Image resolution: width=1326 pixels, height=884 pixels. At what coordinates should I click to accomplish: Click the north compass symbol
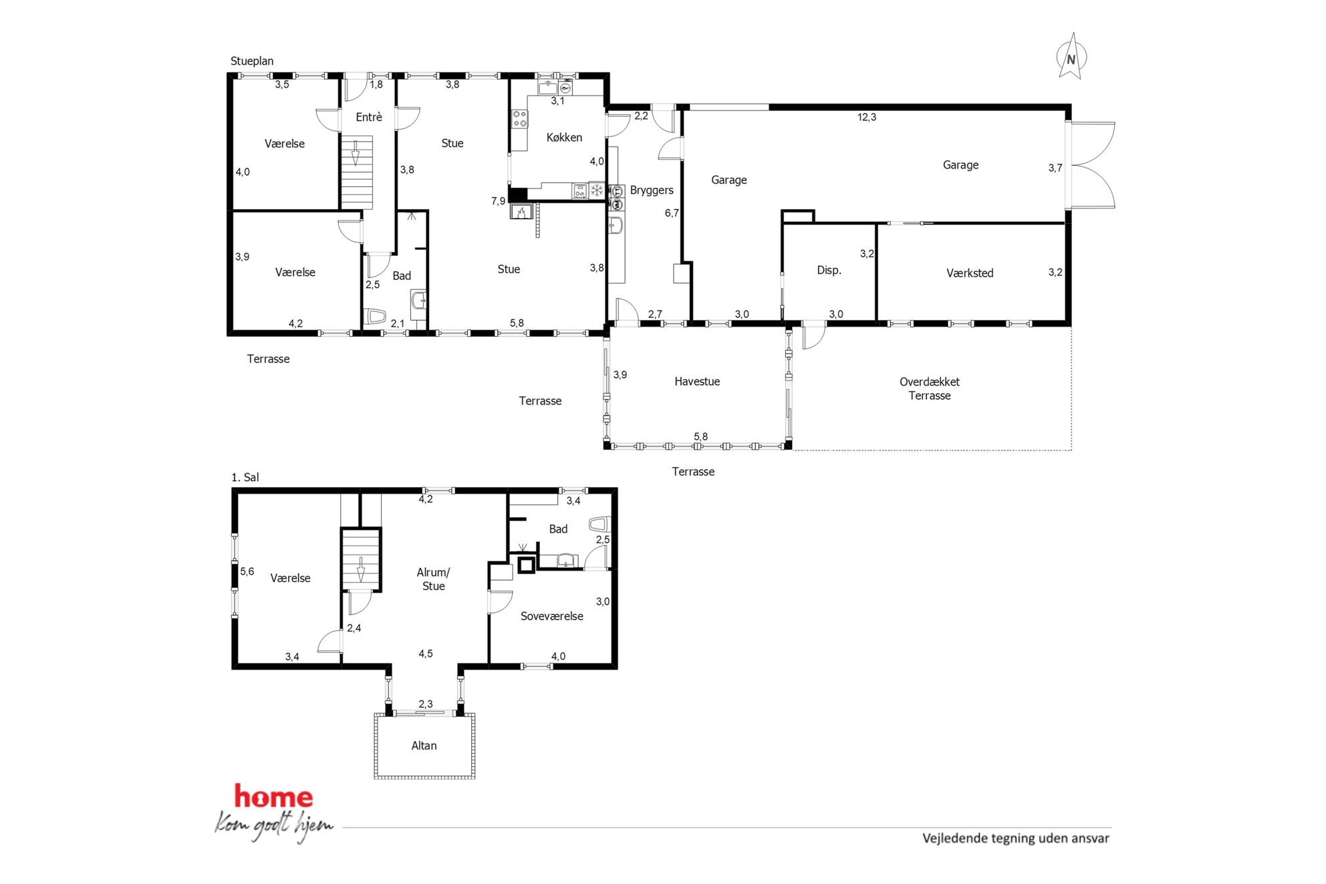coord(1071,57)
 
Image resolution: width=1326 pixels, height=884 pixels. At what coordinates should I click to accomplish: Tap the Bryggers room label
coord(652,190)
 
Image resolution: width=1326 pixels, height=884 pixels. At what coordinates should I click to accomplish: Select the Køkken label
coord(564,137)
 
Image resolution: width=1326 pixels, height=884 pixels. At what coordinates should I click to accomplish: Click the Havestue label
coord(697,382)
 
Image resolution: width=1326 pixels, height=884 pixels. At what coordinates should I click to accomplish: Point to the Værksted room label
coord(970,273)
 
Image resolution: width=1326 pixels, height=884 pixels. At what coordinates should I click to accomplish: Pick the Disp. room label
coord(829,270)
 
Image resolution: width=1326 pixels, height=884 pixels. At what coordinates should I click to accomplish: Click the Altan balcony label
coord(424,746)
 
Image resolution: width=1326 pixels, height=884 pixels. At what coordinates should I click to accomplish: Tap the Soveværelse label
coord(552,616)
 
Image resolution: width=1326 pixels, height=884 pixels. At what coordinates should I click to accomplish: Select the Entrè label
coord(369,117)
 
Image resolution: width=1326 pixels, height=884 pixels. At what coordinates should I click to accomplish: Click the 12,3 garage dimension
coord(867,117)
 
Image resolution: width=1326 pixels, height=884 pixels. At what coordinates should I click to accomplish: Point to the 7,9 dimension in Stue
coord(499,201)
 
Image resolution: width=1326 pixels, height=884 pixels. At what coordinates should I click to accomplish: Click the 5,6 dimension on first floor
coord(247,571)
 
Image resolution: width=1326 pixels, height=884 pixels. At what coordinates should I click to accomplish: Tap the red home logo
coord(273,796)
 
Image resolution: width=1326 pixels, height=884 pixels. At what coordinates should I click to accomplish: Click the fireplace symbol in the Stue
coord(521,212)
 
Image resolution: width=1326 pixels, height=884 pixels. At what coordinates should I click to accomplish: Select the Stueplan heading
coord(252,61)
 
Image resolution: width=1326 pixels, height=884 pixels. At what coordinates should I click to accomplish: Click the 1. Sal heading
coord(245,477)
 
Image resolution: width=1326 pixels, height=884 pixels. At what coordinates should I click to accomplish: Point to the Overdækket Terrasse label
coord(930,388)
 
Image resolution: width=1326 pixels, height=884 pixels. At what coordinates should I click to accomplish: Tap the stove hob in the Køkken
coord(520,119)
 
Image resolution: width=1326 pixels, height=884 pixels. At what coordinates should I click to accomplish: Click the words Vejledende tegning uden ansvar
coord(1016,838)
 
